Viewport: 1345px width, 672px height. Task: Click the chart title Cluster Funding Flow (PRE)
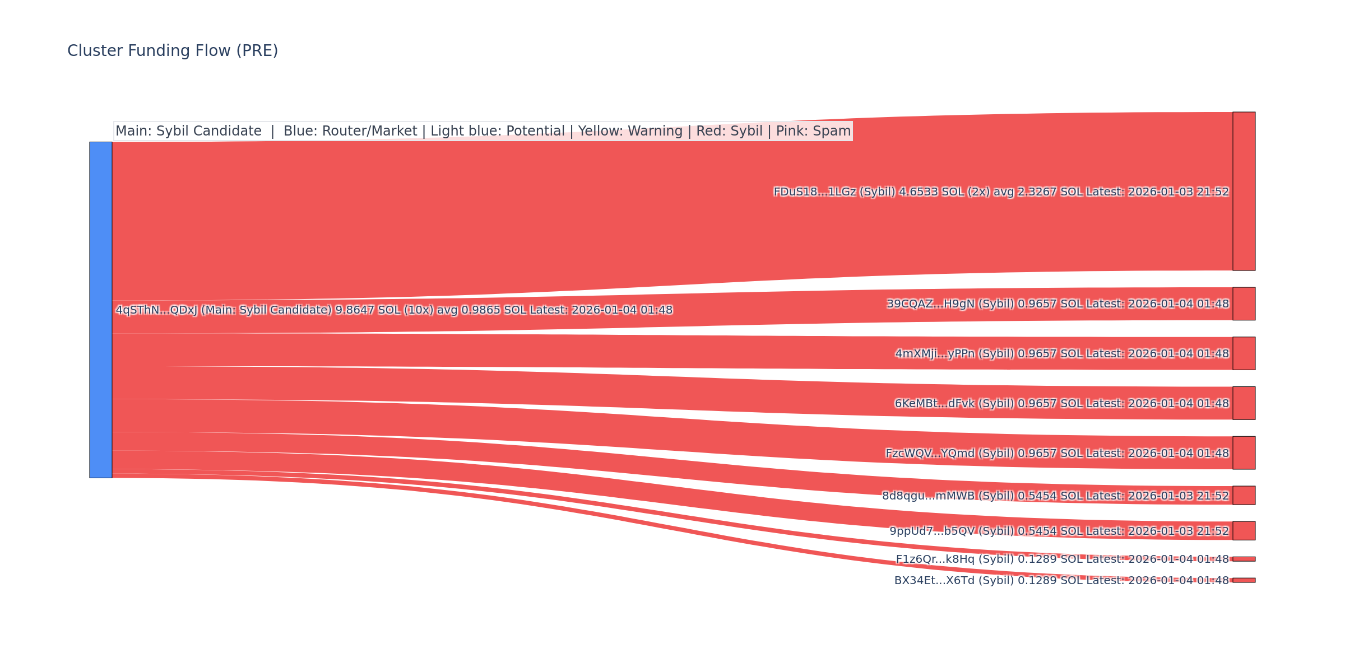[173, 51]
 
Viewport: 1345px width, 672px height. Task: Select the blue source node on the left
[101, 310]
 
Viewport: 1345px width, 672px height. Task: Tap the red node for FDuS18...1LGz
[1244, 191]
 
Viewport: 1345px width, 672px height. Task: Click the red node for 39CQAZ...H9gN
[1244, 304]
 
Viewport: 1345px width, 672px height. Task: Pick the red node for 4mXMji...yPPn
[1244, 353]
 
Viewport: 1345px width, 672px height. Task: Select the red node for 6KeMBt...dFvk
[1244, 403]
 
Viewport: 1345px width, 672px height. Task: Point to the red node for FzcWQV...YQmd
[1244, 452]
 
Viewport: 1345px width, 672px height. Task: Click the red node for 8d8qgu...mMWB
[1244, 496]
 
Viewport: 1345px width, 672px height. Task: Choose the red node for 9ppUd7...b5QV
[1244, 530]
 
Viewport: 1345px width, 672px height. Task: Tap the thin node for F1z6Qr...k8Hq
[1244, 559]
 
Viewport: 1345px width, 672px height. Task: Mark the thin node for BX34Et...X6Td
[1244, 580]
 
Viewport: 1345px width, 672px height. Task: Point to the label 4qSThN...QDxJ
[156, 310]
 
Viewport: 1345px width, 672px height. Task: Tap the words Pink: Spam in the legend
[813, 131]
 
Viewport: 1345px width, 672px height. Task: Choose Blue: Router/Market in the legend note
[350, 131]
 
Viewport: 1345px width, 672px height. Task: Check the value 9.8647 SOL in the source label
[370, 310]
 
